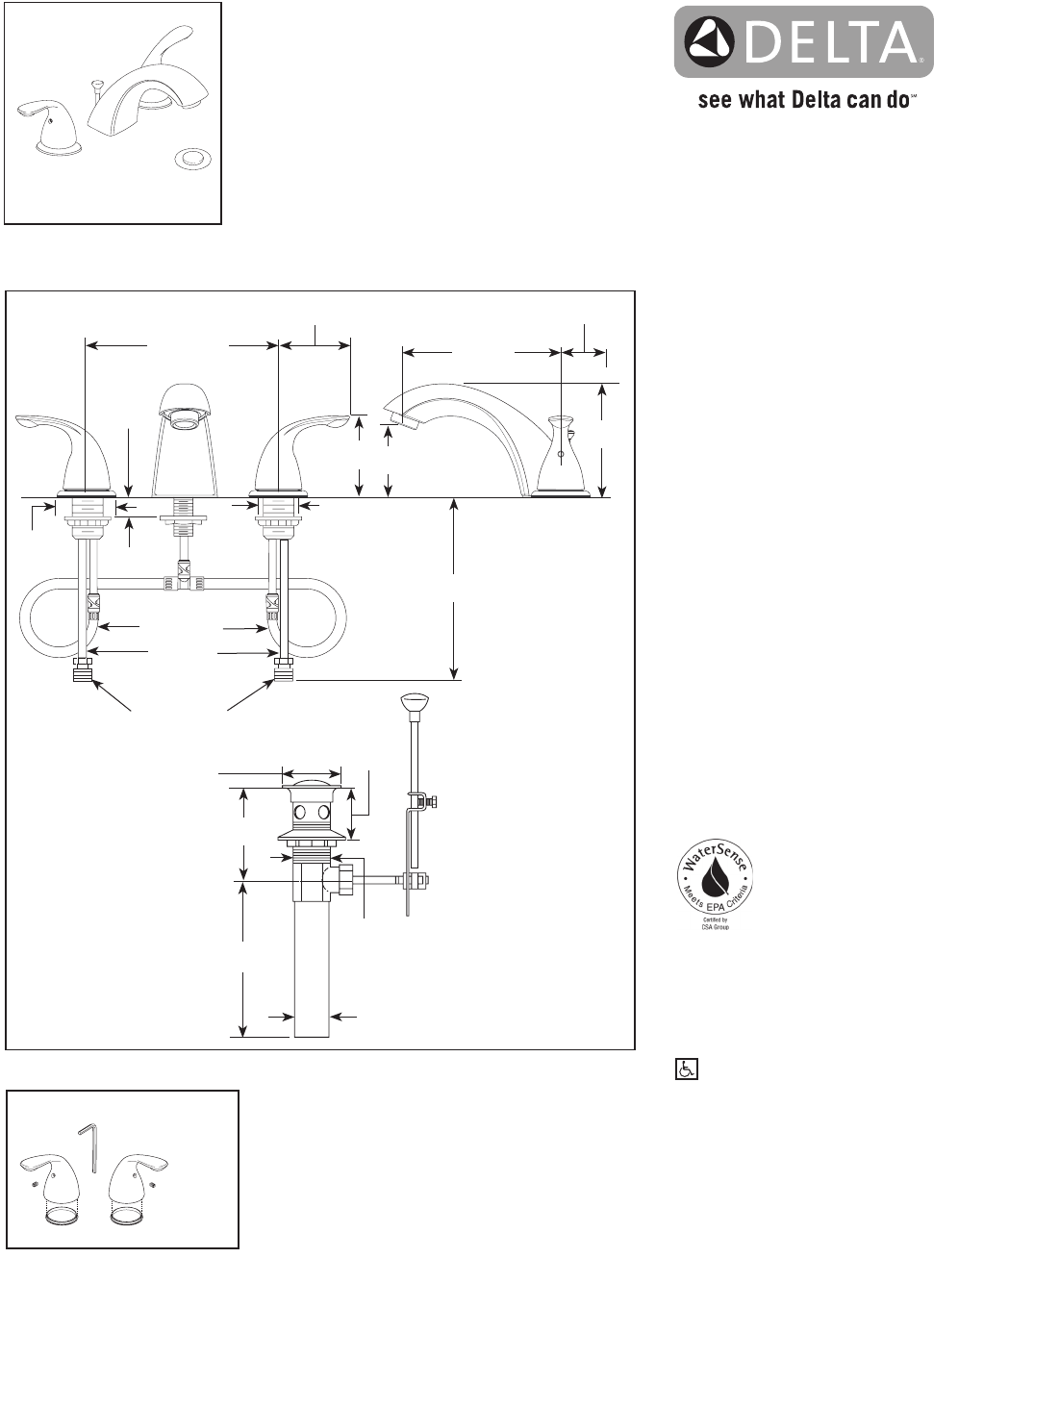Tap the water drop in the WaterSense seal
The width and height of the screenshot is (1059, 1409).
click(715, 877)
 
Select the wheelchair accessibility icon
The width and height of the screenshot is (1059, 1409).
click(686, 1069)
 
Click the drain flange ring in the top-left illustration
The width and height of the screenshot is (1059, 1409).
click(193, 158)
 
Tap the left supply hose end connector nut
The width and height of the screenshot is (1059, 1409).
click(84, 670)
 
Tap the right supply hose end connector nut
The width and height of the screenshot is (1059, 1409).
click(283, 670)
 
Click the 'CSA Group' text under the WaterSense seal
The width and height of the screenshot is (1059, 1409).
click(715, 927)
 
